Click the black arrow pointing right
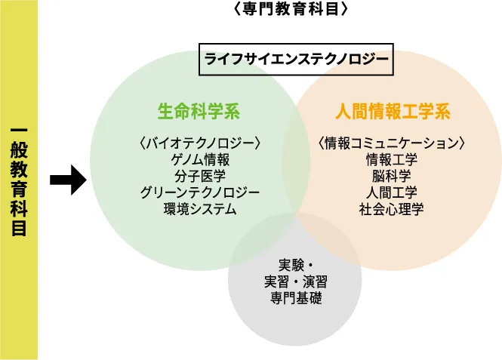coord(67,181)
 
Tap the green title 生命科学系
coord(199,112)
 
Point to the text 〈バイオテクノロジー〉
coord(200,143)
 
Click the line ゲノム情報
coord(200,159)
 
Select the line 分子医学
coord(200,176)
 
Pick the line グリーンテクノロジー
coord(200,192)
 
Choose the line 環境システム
coord(200,209)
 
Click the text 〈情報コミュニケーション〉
coord(391,143)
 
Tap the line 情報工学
coord(391,159)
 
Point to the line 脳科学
coord(391,176)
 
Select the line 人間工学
coord(391,192)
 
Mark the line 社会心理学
coord(391,209)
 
